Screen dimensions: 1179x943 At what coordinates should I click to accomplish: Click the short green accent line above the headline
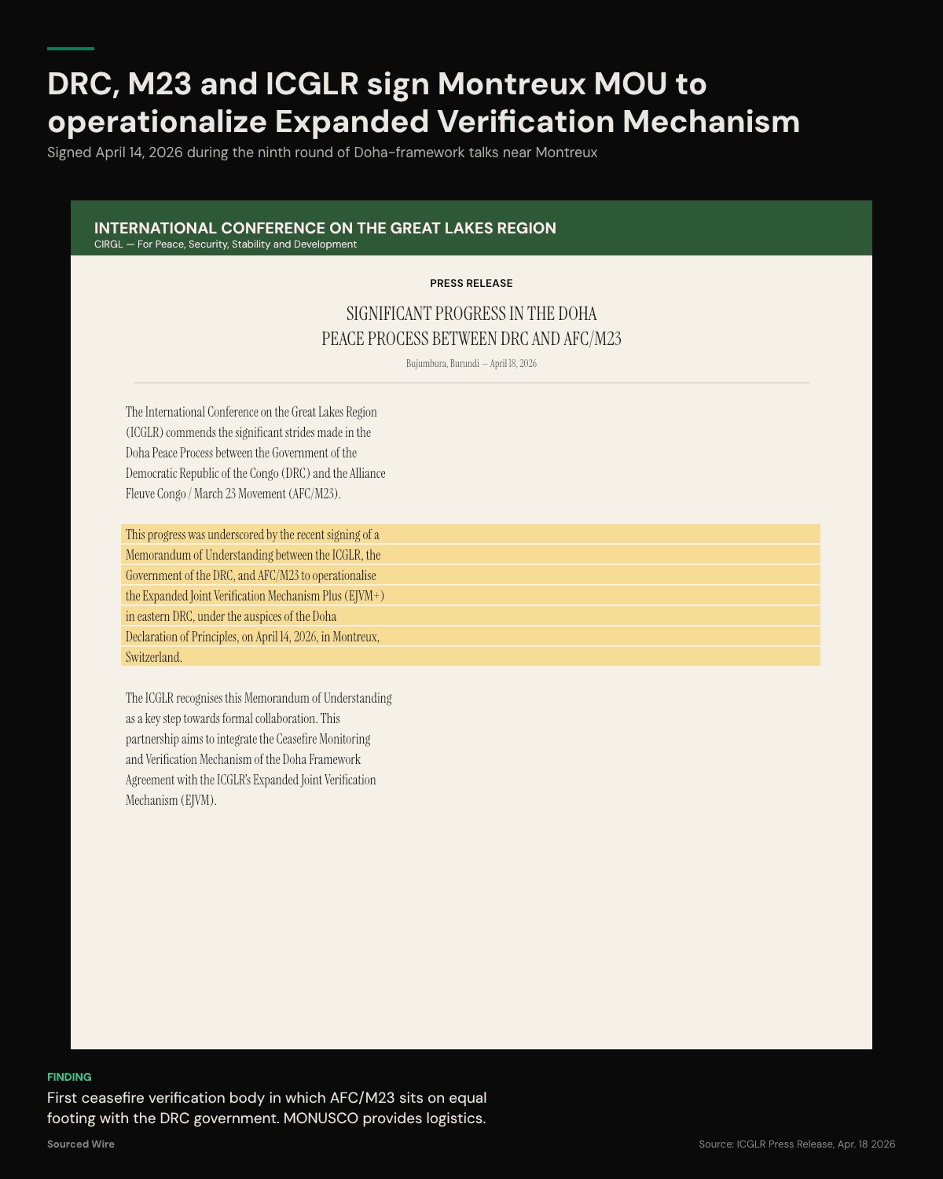[71, 49]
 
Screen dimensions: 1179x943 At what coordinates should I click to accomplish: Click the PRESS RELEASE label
[471, 283]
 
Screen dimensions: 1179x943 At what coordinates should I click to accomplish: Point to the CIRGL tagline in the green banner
[225, 244]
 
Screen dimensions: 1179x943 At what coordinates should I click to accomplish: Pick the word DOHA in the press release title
[577, 314]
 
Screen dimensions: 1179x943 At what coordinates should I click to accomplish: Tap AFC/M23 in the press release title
[592, 339]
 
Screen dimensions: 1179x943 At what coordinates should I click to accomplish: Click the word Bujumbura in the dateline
[425, 364]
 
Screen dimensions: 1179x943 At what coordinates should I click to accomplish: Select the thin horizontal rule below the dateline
[472, 383]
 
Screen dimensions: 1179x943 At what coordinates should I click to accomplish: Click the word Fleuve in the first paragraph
[140, 494]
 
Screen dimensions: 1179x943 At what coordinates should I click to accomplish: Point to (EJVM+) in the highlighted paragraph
[365, 596]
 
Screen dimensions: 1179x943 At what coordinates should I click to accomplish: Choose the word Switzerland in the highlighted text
[153, 657]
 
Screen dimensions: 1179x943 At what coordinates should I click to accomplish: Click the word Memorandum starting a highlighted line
[158, 555]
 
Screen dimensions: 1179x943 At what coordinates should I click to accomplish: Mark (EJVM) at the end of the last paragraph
[198, 800]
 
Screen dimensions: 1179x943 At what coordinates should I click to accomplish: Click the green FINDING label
[69, 1077]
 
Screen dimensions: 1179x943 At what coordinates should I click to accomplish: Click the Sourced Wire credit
[80, 1144]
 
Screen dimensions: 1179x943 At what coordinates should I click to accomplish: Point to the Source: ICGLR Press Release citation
[796, 1144]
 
